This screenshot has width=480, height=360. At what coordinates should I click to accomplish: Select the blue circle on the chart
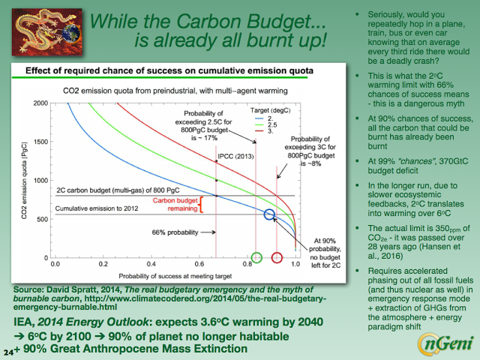pyautogui.click(x=270, y=214)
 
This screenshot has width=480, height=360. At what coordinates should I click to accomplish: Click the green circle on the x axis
pyautogui.click(x=256, y=257)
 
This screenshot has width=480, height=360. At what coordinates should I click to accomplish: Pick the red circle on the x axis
pyautogui.click(x=276, y=257)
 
